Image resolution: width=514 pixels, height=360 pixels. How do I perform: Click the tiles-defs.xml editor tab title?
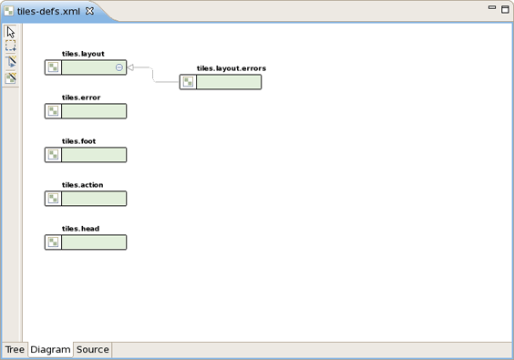tap(48, 12)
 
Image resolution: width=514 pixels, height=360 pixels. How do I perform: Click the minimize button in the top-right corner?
tap(492, 8)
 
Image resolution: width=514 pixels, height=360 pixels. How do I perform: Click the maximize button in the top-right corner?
tap(505, 8)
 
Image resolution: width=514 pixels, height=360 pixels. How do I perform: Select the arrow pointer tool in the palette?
tap(11, 32)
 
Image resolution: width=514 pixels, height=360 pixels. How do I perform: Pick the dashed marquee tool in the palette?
tap(11, 46)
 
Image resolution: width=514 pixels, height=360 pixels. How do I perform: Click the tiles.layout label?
tap(83, 55)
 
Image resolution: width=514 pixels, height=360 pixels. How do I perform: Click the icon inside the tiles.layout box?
tap(54, 67)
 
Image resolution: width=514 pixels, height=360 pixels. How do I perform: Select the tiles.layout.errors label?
tap(231, 69)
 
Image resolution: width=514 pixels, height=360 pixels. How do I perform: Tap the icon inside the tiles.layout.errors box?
tap(188, 82)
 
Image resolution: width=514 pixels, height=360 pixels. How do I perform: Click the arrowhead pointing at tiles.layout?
tap(131, 67)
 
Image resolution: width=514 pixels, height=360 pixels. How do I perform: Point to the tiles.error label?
tap(81, 98)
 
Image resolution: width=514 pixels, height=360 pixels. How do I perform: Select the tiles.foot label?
tap(78, 141)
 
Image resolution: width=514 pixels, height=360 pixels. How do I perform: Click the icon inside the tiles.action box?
tap(54, 199)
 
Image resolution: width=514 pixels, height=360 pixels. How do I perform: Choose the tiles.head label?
tap(80, 229)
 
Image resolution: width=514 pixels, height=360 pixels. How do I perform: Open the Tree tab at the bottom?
tap(15, 350)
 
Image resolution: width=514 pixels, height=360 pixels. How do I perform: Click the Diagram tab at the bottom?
tap(50, 350)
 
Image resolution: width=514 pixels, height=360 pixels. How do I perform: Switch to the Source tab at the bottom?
tap(93, 350)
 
